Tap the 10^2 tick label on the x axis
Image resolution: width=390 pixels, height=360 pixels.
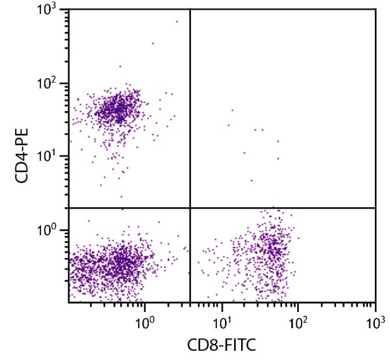pyautogui.click(x=298, y=321)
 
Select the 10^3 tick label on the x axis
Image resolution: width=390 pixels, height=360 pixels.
pyautogui.click(x=375, y=321)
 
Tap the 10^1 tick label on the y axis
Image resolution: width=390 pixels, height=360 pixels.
pyautogui.click(x=47, y=157)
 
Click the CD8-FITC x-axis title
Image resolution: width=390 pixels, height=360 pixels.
pyautogui.click(x=223, y=344)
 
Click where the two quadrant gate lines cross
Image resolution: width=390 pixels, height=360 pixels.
pyautogui.click(x=190, y=208)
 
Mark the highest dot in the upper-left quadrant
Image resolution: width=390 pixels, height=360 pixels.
pyautogui.click(x=176, y=21)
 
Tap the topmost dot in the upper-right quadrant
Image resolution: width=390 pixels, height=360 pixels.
pyautogui.click(x=231, y=110)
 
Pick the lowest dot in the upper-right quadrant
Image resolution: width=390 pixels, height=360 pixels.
pyautogui.click(x=252, y=180)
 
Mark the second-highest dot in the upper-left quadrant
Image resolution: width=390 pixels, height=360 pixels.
pyautogui.click(x=153, y=44)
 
